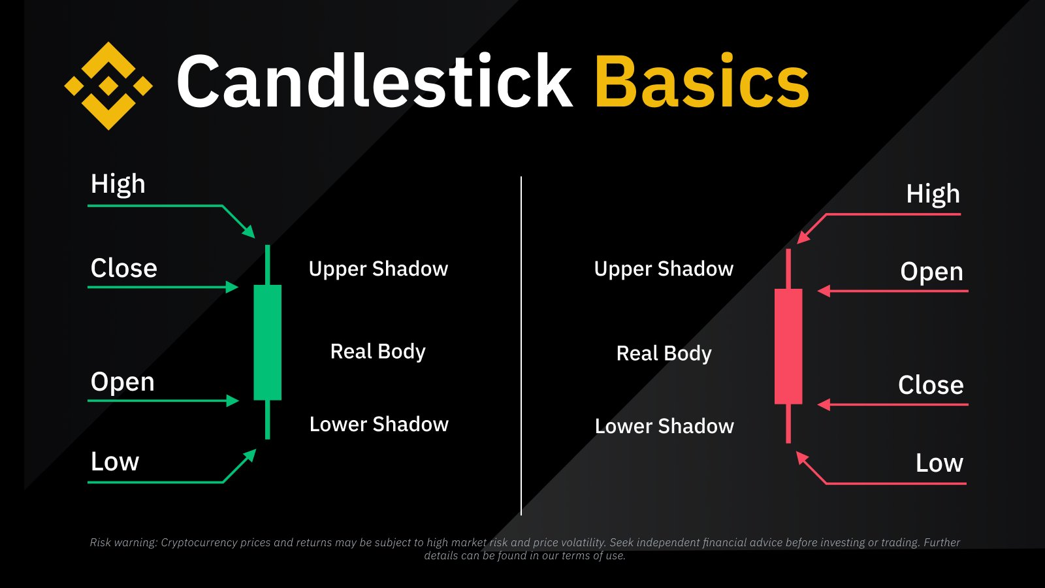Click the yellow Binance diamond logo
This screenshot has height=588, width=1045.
point(108,86)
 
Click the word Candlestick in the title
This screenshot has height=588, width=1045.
point(374,81)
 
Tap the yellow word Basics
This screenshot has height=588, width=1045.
point(701,81)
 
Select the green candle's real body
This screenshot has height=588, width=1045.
point(268,342)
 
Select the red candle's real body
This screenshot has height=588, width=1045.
point(788,346)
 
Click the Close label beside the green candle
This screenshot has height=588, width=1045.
point(123,269)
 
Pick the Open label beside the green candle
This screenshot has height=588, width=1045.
point(122,382)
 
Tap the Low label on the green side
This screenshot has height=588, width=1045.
point(115,462)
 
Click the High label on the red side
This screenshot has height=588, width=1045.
point(933,195)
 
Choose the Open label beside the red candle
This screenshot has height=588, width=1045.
point(931,272)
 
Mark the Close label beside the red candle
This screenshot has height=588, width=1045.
point(931,385)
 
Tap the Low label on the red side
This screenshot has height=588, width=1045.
point(939,463)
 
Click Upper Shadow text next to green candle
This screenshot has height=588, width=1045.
point(378,269)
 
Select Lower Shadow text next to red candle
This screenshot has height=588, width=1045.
point(664,427)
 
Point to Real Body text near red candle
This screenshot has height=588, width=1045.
point(664,353)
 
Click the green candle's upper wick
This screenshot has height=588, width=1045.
point(268,265)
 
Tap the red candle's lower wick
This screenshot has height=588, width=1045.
point(788,423)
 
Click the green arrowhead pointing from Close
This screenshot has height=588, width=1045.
point(233,287)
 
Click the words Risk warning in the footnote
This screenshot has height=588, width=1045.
point(123,542)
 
